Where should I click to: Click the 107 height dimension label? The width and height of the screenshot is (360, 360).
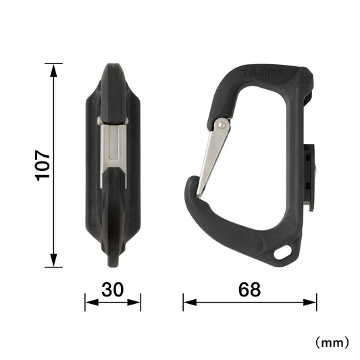43,165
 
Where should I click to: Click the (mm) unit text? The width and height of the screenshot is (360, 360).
332,342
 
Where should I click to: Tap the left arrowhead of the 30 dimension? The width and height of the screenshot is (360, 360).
87,302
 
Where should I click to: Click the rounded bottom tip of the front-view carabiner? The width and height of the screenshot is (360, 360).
113,259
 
